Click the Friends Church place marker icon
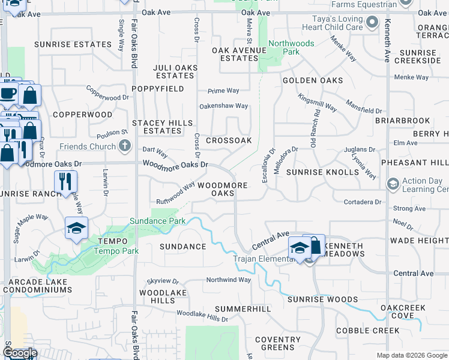pyautogui.click(x=125, y=146)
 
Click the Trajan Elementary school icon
pyautogui.click(x=300, y=247)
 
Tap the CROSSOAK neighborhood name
pyautogui.click(x=228, y=140)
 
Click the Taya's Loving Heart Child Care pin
pyautogui.click(x=372, y=23)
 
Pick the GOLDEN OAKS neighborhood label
pyautogui.click(x=313, y=80)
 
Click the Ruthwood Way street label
pyautogui.click(x=175, y=193)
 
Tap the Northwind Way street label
pyautogui.click(x=228, y=280)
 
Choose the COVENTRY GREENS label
pyautogui.click(x=278, y=343)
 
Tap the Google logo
pyautogui.click(x=20, y=353)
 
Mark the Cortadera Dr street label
pyautogui.click(x=363, y=202)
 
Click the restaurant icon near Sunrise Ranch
pyautogui.click(x=66, y=181)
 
